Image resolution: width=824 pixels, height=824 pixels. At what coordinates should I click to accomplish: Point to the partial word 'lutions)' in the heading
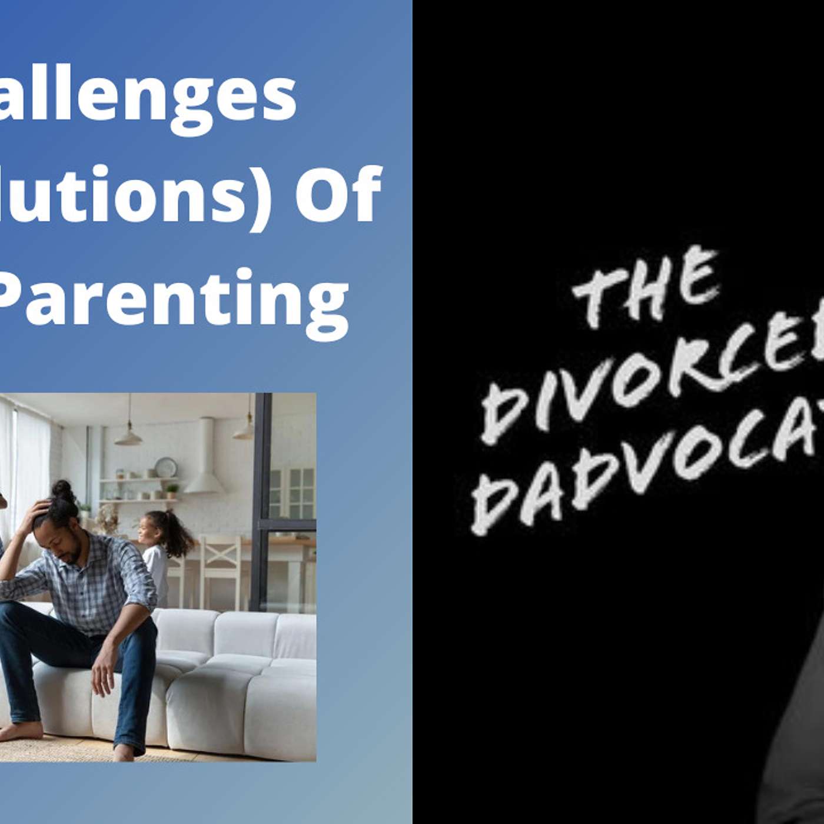coord(138,194)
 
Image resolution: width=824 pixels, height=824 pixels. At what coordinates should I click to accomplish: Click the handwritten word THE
coord(644,288)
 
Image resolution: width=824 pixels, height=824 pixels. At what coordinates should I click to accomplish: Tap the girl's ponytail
coord(177,533)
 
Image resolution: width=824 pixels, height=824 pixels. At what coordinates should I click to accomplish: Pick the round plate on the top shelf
coord(166,467)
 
